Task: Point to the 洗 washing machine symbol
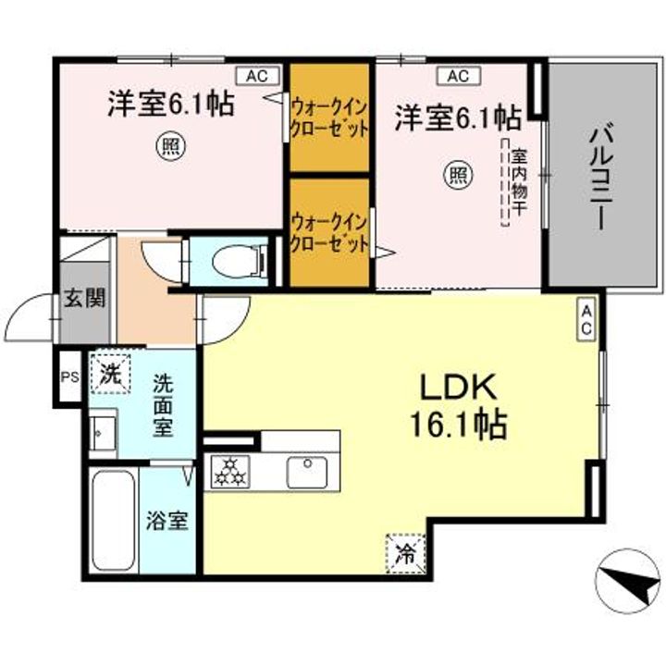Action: click(x=110, y=376)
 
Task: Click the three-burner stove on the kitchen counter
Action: click(x=230, y=473)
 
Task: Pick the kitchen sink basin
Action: click(x=305, y=472)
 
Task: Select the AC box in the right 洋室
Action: click(x=458, y=76)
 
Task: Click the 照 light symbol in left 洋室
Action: click(x=168, y=145)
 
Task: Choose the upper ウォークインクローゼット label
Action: click(x=330, y=117)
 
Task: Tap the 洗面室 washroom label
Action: click(x=163, y=405)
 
